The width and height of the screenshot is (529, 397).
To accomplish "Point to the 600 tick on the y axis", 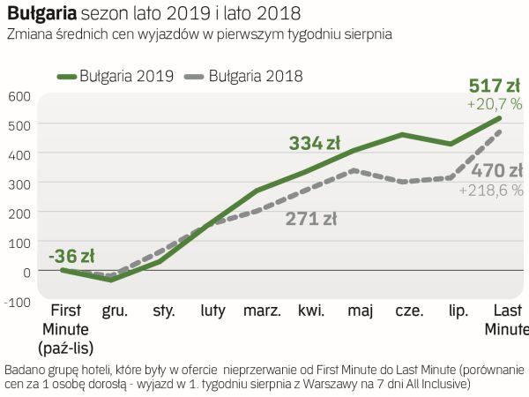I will coord(19,95).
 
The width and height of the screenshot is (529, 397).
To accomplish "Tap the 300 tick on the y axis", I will coord(19,184).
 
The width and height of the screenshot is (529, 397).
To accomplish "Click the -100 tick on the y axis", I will coord(17,301).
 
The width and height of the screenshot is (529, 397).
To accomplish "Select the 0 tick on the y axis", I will coord(26,271).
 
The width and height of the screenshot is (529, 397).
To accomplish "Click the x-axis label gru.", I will coord(115,311).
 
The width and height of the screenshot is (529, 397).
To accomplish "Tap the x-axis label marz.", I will coord(263,311).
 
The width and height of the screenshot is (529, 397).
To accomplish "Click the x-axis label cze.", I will coord(410,311).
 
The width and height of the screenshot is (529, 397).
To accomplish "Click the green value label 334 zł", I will coord(315,143).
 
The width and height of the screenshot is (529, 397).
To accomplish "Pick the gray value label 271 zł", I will coord(311,219).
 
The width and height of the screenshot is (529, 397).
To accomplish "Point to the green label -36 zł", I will coord(71,256).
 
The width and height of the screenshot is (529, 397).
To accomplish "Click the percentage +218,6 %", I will coord(491,190).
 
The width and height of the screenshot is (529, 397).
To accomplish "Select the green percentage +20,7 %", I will coord(495,104).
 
